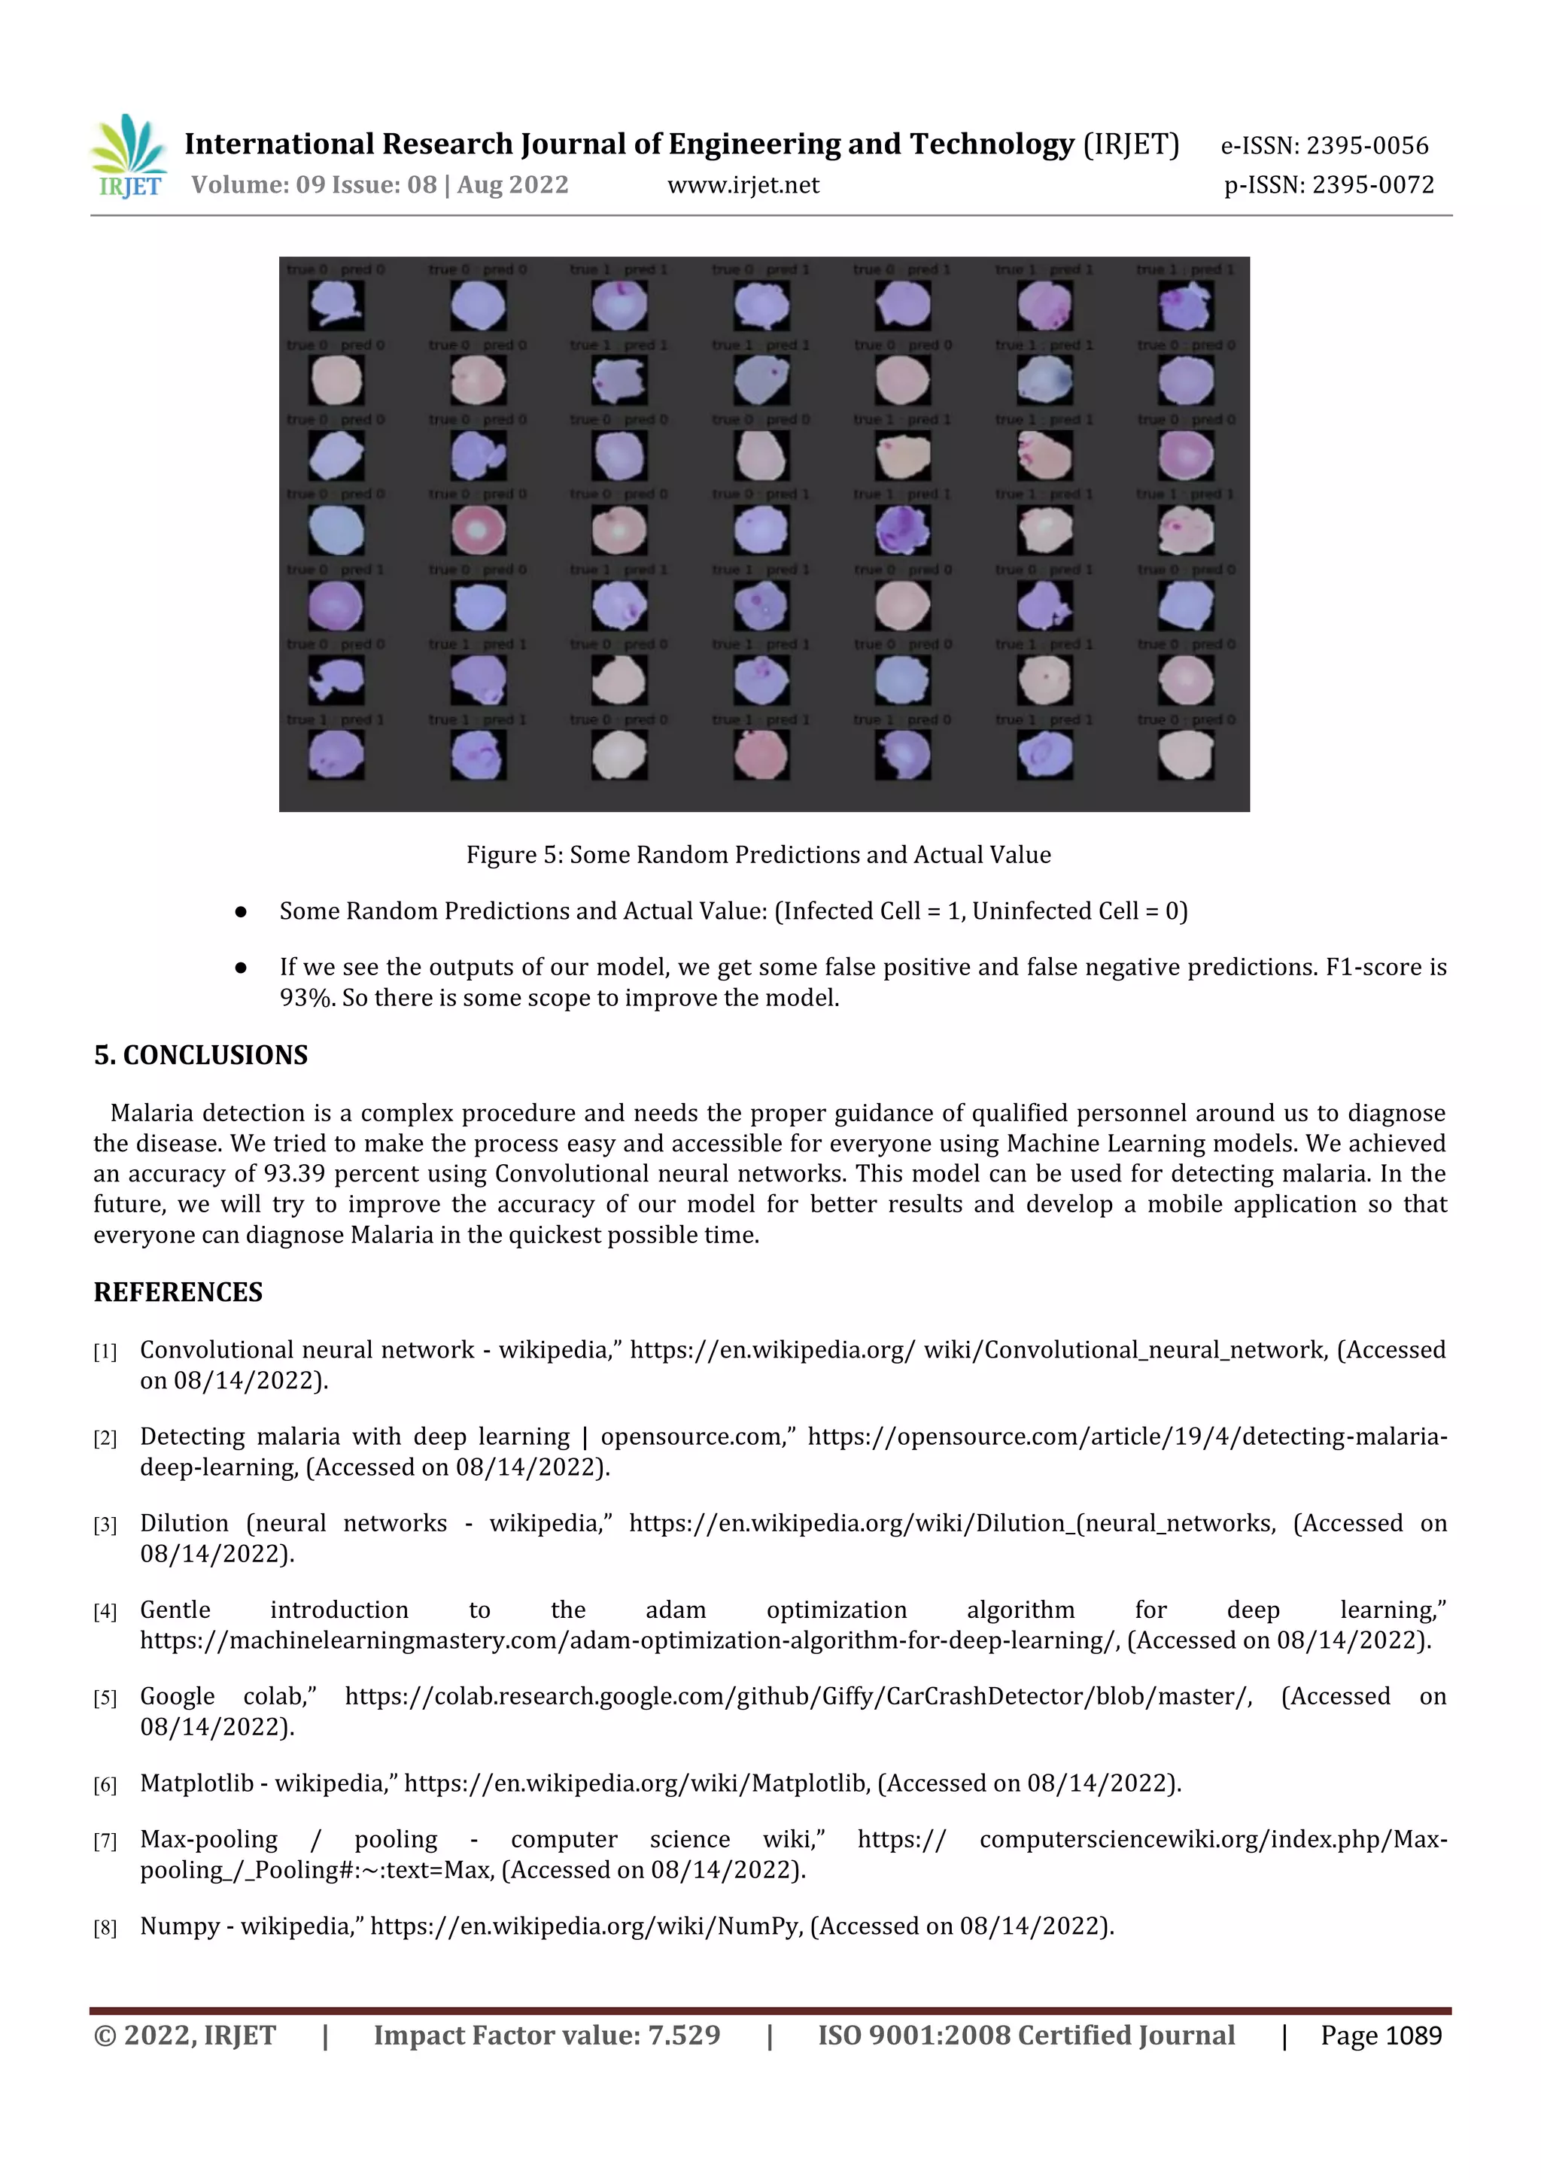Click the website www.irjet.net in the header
click(x=743, y=185)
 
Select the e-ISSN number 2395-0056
click(x=1366, y=145)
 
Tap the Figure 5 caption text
click(x=758, y=855)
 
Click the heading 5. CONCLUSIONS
click(x=200, y=1055)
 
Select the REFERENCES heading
click(x=178, y=1292)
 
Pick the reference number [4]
click(x=105, y=1612)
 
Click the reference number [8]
click(x=105, y=1929)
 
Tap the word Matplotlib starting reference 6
click(x=196, y=1783)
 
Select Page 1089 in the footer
click(x=1381, y=2036)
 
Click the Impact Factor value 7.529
click(x=682, y=2036)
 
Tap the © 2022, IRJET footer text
click(x=184, y=2036)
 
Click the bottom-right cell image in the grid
click(x=1186, y=756)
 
